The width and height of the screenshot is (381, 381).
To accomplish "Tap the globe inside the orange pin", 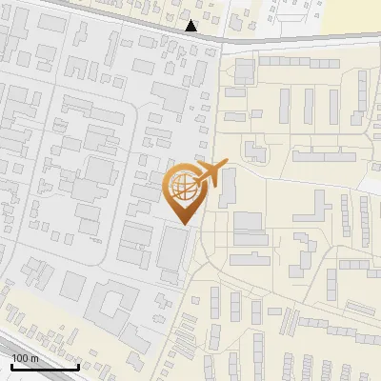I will click(x=184, y=190).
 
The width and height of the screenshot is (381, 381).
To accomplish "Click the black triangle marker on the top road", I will click(x=191, y=26).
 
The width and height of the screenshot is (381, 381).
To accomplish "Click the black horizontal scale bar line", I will click(x=45, y=367).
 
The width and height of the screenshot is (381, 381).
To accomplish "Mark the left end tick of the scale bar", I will click(x=11, y=365).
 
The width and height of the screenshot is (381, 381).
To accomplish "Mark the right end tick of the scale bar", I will click(x=78, y=365).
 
